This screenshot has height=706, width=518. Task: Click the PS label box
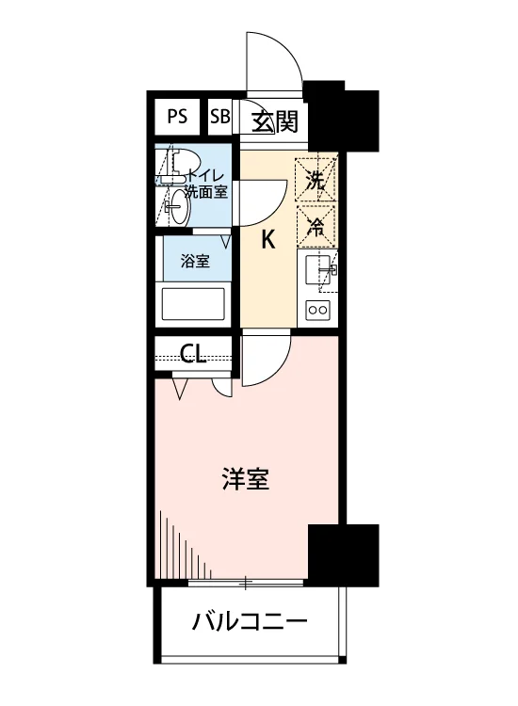point(177,117)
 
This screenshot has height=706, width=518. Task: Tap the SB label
point(219,117)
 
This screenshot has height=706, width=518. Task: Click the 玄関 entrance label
point(275,121)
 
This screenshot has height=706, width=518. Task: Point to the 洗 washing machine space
point(316,179)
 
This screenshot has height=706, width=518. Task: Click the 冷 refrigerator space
point(316,227)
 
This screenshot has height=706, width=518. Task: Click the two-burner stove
point(317,310)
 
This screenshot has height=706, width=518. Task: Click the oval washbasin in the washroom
point(179,207)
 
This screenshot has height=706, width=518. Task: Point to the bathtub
point(193,304)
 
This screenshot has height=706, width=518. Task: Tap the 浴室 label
point(195,261)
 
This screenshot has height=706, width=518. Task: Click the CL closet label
point(193,353)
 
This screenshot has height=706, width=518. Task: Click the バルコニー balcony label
point(250,622)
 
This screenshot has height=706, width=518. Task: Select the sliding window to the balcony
point(246,584)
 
